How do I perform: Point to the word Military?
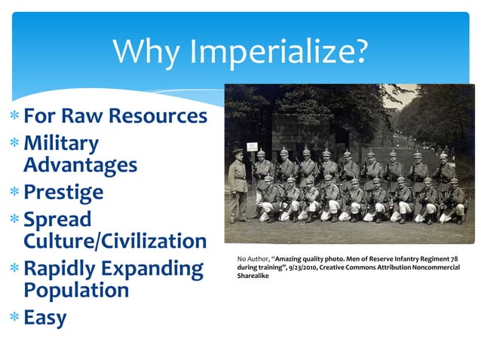click(61, 143)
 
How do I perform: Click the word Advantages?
click(80, 164)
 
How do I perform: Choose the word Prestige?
click(63, 192)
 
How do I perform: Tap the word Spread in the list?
click(57, 220)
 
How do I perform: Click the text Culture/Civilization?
click(115, 241)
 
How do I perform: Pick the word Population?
click(76, 290)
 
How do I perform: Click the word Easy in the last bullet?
click(45, 318)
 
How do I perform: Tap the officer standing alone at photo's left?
click(239, 185)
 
